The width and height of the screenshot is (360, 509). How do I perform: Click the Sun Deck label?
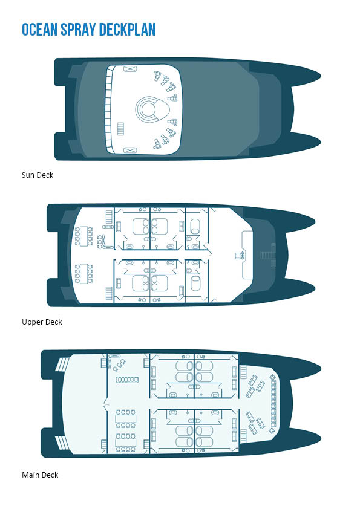(38, 175)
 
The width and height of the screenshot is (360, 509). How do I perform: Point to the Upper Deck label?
(42, 322)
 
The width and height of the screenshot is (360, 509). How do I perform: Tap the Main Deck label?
(40, 475)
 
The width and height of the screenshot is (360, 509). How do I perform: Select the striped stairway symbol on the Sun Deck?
(120, 129)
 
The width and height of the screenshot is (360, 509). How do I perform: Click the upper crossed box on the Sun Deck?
(130, 69)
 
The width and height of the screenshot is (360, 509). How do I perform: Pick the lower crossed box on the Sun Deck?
(130, 150)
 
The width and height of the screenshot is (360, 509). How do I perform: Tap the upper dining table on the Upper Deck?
(84, 236)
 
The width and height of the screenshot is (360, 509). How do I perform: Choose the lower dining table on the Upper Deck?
(84, 274)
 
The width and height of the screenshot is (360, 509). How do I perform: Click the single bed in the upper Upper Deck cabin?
(195, 226)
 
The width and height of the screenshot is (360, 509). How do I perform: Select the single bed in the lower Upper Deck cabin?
(195, 284)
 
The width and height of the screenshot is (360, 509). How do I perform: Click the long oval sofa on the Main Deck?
(128, 380)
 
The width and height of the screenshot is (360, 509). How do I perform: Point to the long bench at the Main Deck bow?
(273, 403)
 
